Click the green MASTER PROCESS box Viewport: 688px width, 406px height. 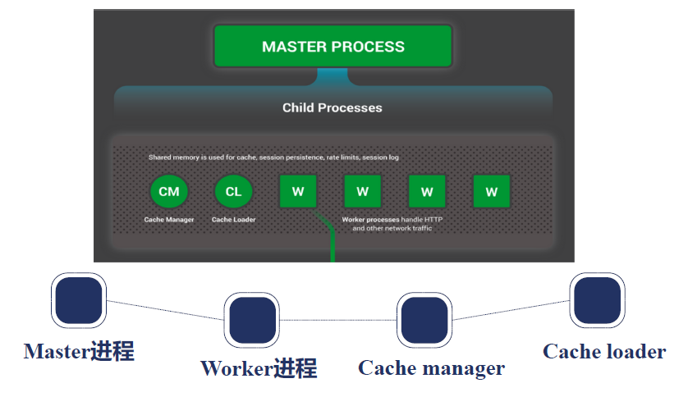coord(333,46)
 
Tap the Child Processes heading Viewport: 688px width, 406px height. coord(332,107)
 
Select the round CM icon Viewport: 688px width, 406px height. coord(169,191)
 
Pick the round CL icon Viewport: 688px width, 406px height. coord(233,191)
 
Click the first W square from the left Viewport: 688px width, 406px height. coord(297,191)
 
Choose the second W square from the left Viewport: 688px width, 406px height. coord(362,191)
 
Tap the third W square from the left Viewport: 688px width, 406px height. coord(427,191)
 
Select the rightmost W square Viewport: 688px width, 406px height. coord(491,191)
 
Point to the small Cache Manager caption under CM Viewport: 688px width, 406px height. coord(169,220)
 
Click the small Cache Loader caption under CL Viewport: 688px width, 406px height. coord(233,220)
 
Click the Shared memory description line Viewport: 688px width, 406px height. coord(273,157)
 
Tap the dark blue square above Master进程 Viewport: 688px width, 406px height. coord(79,299)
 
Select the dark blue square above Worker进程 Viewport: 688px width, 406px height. coord(252,320)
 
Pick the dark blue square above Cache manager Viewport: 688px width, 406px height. coord(424,319)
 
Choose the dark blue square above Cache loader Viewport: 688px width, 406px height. coord(597,300)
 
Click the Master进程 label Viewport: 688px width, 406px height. coord(79,352)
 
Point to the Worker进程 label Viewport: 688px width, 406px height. coord(259,368)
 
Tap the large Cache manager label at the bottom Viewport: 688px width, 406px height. coord(431,368)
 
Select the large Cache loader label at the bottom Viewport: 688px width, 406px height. coord(604,352)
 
